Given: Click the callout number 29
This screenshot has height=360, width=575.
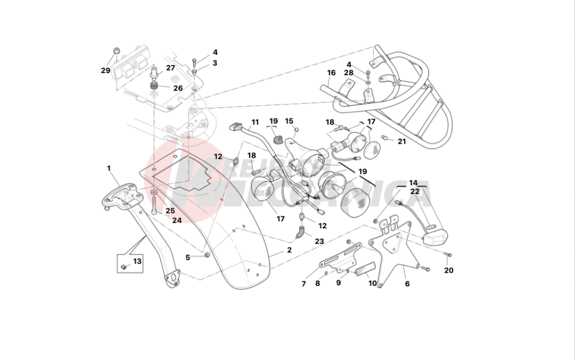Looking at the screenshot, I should [x=105, y=71].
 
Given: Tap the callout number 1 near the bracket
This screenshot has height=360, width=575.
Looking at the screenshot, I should [x=108, y=168].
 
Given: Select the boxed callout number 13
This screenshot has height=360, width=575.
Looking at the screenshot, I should [x=137, y=262].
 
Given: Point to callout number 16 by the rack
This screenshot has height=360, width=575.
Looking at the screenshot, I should [x=331, y=72].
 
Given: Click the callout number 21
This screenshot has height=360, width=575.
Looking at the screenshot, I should [x=402, y=141].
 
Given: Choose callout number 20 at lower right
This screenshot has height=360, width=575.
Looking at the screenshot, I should [x=448, y=270].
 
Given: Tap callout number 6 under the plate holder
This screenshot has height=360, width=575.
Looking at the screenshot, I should [x=407, y=284].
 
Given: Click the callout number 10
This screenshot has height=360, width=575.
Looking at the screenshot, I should [x=372, y=284].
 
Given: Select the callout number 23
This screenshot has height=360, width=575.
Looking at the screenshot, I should [x=319, y=242].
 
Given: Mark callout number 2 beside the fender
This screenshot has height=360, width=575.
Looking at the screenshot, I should [x=289, y=250].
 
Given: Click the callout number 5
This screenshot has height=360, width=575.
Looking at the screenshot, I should [x=187, y=257].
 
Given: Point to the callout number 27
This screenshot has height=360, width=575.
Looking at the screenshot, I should [x=171, y=68].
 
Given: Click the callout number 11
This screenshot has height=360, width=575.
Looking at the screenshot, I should [x=255, y=122].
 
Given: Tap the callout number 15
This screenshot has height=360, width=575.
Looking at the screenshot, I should [x=289, y=121].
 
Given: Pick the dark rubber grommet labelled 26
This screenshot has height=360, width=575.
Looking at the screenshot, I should [x=155, y=87].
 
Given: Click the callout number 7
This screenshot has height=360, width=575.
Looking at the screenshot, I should [x=304, y=284].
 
